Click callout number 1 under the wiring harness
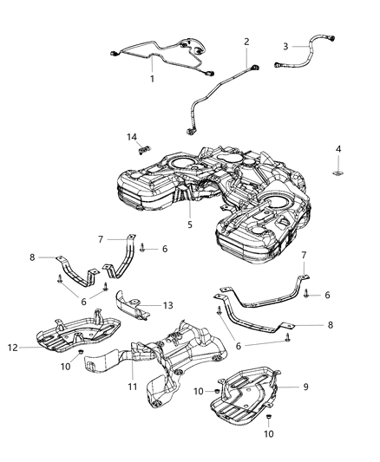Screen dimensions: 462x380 (152, 79)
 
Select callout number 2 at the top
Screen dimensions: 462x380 (246, 42)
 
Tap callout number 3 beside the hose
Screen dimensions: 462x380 (285, 47)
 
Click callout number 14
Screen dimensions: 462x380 (133, 136)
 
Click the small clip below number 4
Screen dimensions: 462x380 (338, 173)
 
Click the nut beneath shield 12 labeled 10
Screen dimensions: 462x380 (80, 354)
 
